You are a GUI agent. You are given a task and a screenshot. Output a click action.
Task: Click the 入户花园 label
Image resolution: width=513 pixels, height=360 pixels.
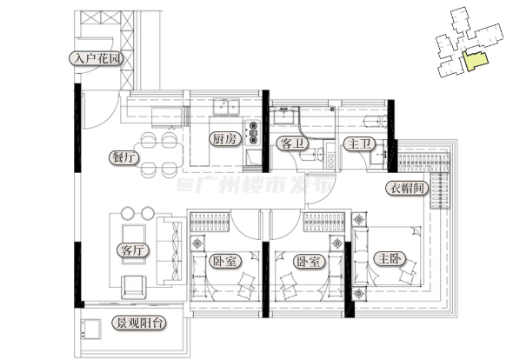pyautogui.click(x=97, y=58)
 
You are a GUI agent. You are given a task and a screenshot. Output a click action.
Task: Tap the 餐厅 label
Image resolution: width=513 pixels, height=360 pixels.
pyautogui.click(x=123, y=157)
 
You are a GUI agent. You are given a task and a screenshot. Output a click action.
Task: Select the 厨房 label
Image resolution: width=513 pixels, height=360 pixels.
pyautogui.click(x=224, y=139)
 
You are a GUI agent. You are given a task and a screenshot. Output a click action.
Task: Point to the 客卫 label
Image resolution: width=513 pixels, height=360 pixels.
pyautogui.click(x=292, y=143)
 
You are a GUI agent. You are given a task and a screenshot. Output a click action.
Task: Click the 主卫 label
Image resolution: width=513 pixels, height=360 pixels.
pyautogui.click(x=359, y=143)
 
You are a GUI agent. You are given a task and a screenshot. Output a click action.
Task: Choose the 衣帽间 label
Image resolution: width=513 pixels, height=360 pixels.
pyautogui.click(x=407, y=188)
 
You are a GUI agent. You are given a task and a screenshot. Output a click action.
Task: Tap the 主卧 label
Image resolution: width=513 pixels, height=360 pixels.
pyautogui.click(x=390, y=259)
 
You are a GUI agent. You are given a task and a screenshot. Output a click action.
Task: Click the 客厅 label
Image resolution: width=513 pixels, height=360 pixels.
pyautogui.click(x=132, y=250)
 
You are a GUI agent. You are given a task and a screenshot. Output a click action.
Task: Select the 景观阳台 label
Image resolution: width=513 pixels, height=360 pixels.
pyautogui.click(x=139, y=323)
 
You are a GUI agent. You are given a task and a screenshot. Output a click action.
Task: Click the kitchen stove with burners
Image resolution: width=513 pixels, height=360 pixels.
pyautogui.click(x=252, y=132)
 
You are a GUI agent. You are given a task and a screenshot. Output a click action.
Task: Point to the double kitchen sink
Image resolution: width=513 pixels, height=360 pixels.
pyautogui.click(x=226, y=107)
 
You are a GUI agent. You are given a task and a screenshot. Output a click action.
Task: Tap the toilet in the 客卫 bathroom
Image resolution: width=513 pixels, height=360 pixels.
pyautogui.click(x=311, y=155)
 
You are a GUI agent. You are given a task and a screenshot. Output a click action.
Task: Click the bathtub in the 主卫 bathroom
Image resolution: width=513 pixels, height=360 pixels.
pyautogui.click(x=376, y=122)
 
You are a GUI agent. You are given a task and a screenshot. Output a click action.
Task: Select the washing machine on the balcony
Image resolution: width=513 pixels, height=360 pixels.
pyautogui.click(x=91, y=330)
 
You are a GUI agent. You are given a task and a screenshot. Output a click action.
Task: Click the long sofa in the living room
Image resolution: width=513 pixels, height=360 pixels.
pyautogui.click(x=170, y=250)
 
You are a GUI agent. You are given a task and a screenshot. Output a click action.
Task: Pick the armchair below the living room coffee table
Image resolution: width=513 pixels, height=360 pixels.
pyautogui.click(x=134, y=287)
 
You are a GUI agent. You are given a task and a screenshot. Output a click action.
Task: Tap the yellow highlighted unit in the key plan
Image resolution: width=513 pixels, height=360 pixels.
pyautogui.click(x=475, y=61)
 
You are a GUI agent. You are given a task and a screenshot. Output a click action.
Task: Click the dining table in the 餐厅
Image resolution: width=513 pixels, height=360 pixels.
pyautogui.click(x=158, y=155)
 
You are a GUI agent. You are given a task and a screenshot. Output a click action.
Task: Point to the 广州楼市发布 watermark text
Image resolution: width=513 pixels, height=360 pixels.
pyautogui.click(x=255, y=184)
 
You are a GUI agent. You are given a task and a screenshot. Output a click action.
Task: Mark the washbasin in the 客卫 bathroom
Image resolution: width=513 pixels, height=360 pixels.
pyautogui.click(x=283, y=115)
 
